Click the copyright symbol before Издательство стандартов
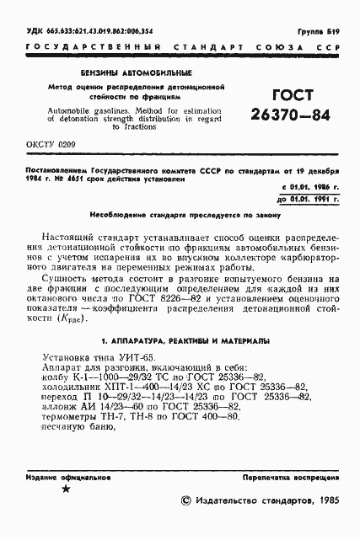pyautogui.click(x=185, y=500)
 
